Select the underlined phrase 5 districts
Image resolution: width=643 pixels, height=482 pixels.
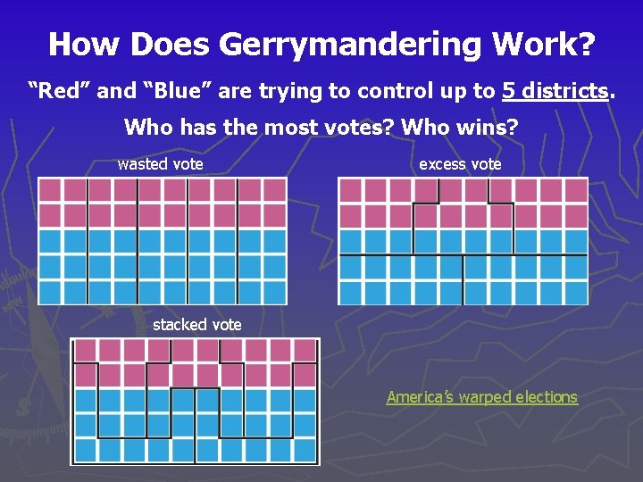[x=557, y=90]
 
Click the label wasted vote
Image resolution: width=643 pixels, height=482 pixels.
[x=160, y=164]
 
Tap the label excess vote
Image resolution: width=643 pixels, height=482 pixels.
[x=460, y=164]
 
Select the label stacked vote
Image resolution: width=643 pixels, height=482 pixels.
[x=196, y=325]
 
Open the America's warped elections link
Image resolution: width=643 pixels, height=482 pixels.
[x=481, y=397]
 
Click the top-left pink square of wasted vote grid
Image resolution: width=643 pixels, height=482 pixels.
[x=50, y=189]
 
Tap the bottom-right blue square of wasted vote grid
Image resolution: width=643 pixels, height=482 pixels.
[x=275, y=292]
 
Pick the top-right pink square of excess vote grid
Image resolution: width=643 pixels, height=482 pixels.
[x=575, y=189]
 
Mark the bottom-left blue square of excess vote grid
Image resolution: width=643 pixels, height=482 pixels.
[x=350, y=292]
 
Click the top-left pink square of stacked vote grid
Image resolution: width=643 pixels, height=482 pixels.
[x=85, y=351]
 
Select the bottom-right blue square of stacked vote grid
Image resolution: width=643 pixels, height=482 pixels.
[x=305, y=451]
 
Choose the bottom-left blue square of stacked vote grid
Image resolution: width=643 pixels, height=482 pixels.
[x=85, y=451]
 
